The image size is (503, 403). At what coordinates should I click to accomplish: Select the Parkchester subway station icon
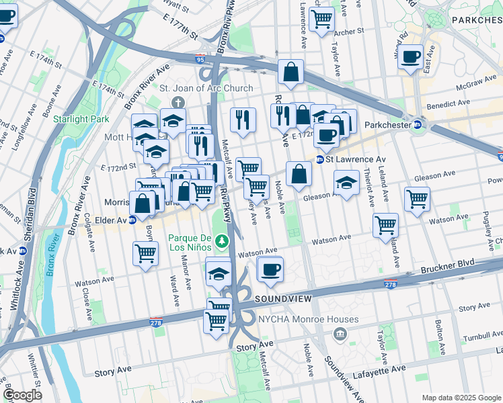[417, 124]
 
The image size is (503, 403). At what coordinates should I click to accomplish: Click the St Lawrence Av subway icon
[320, 159]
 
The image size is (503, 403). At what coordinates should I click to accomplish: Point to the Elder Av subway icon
[132, 220]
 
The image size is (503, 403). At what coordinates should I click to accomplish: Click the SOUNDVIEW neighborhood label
[282, 297]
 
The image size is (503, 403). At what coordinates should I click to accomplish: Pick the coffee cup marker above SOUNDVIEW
[270, 270]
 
